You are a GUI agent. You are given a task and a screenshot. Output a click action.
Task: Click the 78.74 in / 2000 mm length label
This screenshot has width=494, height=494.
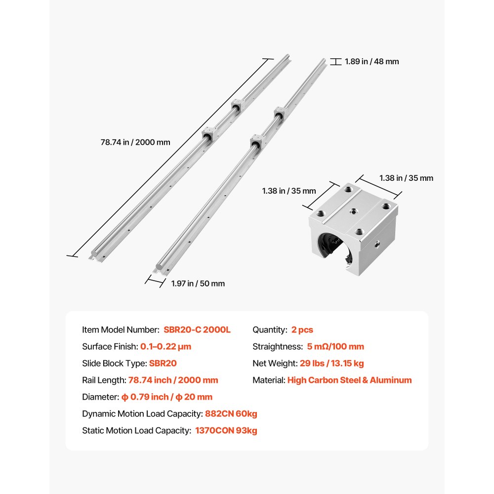(x=135, y=142)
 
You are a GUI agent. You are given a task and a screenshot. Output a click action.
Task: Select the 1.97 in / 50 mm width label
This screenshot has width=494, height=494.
(x=198, y=284)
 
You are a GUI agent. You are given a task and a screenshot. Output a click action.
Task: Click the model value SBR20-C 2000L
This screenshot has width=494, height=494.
(x=197, y=329)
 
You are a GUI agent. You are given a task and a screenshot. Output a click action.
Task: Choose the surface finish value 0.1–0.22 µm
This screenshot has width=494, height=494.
(x=165, y=346)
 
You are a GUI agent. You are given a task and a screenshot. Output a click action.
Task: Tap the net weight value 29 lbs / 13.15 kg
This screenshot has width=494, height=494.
(x=331, y=363)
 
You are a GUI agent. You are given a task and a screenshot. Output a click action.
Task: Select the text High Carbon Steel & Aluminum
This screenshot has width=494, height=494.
(x=349, y=380)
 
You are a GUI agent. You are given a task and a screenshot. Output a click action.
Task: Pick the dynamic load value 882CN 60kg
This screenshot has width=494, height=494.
(x=231, y=413)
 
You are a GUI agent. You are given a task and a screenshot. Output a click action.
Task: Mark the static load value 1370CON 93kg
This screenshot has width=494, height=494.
(x=226, y=430)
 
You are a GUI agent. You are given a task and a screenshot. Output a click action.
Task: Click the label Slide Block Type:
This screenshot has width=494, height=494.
(x=114, y=363)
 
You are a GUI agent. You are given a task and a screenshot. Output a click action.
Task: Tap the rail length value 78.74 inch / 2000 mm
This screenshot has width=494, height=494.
(x=173, y=380)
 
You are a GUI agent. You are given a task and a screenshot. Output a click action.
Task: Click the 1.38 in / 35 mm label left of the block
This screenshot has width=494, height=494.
(x=288, y=191)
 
